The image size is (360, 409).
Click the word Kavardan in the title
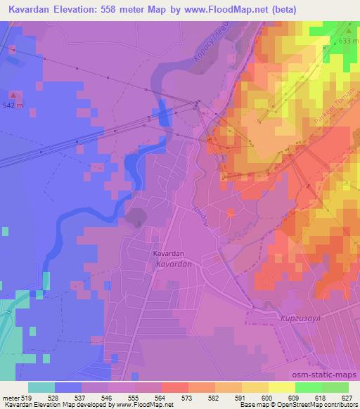pyautogui.click(x=32, y=10)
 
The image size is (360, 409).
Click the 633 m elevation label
pyautogui.click(x=347, y=41)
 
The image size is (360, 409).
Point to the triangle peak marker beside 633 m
pyautogui.click(x=348, y=31)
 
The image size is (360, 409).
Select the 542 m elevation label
pyautogui.click(x=13, y=105)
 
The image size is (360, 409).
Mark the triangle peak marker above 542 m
pyautogui.click(x=13, y=93)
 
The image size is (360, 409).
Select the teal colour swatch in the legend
pyautogui.click(x=42, y=387)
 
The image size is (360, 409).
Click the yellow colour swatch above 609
pyautogui.click(x=282, y=387)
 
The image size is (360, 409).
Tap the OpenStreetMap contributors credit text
pyautogui.click(x=316, y=405)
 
